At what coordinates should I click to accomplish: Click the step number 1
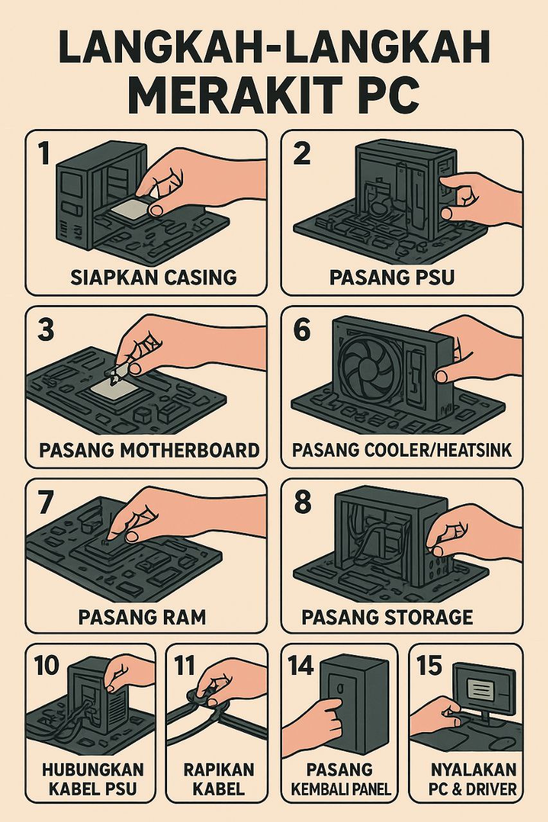tap(44, 154)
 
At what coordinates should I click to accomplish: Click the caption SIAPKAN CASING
tap(153, 277)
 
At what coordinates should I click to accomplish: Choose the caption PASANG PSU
tap(392, 277)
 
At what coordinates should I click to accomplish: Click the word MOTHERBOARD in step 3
tap(190, 450)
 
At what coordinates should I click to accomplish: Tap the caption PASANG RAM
tap(142, 617)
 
